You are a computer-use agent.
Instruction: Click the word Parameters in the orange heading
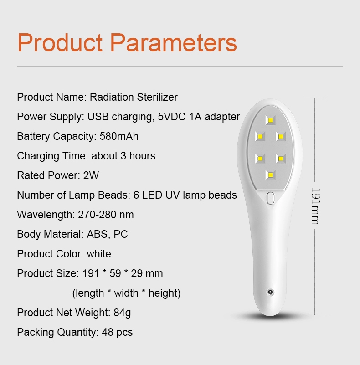point(173,42)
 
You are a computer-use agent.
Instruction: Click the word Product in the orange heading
point(60,42)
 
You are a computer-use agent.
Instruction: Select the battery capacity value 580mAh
point(119,136)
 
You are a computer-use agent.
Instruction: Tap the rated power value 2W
point(91,175)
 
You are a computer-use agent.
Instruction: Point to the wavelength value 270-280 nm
point(106,215)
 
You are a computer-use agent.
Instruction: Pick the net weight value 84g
point(122,313)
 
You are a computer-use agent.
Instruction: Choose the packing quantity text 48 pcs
point(117,333)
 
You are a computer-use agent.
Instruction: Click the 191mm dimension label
point(316,206)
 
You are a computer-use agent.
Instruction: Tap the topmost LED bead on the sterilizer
point(270,120)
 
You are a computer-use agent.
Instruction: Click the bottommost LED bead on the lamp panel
point(270,175)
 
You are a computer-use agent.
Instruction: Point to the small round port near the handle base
point(270,292)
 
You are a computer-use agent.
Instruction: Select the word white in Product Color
point(99,254)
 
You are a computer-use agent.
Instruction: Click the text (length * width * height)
point(126,293)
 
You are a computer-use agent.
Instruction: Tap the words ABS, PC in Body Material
point(107,234)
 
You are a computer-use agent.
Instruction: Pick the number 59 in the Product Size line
point(115,273)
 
